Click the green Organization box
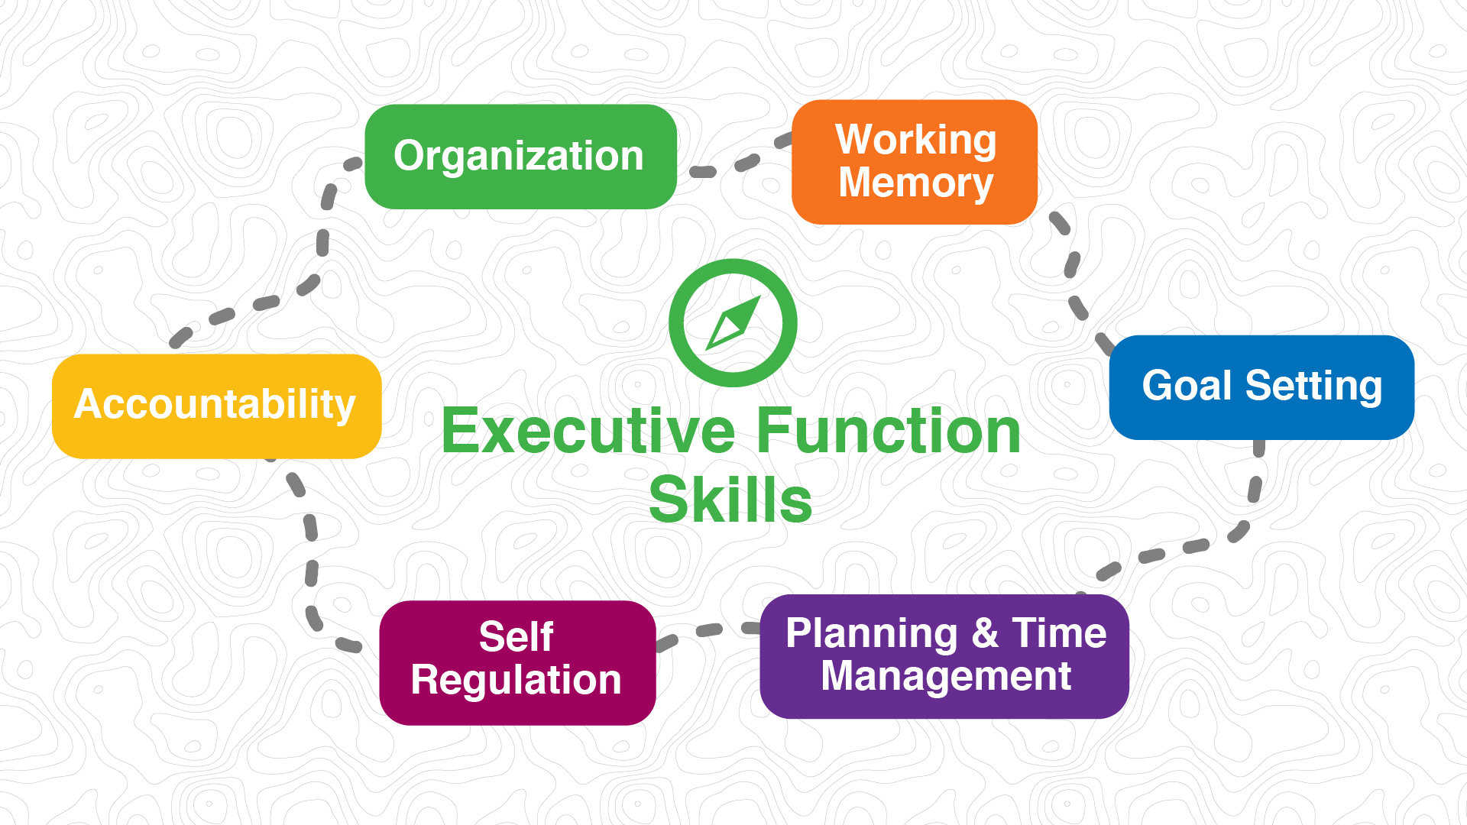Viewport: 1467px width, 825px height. click(x=520, y=157)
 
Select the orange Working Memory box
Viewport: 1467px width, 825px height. click(x=914, y=162)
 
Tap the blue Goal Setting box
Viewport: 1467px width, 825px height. click(x=1261, y=387)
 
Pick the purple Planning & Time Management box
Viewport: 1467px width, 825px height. click(x=944, y=656)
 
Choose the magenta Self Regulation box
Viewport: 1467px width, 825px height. click(x=517, y=662)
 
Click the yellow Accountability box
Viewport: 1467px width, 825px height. click(x=216, y=406)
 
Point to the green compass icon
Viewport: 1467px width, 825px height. click(x=733, y=322)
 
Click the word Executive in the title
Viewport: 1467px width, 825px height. click(x=588, y=432)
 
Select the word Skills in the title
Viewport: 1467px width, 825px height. click(x=730, y=500)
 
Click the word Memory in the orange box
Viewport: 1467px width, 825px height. click(x=915, y=184)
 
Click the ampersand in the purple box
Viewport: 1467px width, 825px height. click(x=985, y=634)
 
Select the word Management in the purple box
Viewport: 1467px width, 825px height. click(x=946, y=677)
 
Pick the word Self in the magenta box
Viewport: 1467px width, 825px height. click(x=516, y=636)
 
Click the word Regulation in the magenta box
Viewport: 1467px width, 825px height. click(x=517, y=681)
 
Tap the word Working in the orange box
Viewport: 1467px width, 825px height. click(x=915, y=141)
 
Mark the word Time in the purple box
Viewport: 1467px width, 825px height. click(x=1059, y=633)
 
